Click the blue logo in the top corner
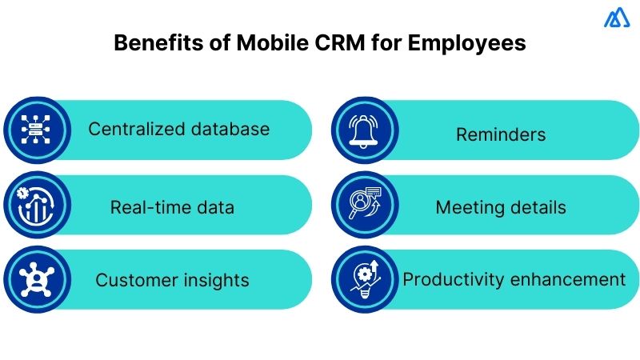617,18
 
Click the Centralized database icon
34,130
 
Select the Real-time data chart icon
34,205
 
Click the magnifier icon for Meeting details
363,205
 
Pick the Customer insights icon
34,279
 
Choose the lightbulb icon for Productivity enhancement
363,279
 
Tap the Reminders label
501,134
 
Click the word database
230,129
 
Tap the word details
538,208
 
